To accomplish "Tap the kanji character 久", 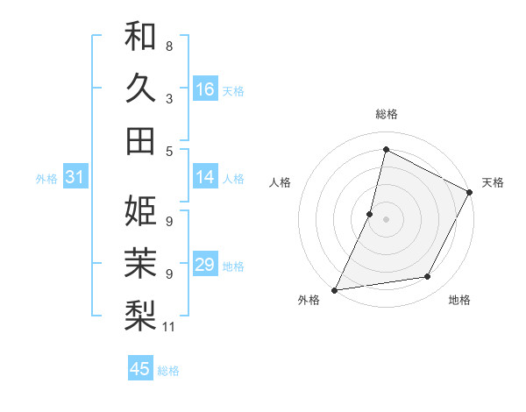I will (x=140, y=88).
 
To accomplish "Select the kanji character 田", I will (x=140, y=139).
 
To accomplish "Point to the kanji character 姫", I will (x=140, y=210).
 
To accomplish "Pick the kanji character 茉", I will (x=140, y=262).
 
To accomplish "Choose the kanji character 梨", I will (x=140, y=314).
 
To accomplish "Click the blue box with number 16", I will (x=205, y=89).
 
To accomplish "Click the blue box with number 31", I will (x=75, y=178).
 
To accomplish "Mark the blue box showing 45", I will (x=140, y=369).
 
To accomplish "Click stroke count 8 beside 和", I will (x=169, y=46).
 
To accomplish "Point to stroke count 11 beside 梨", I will (x=169, y=328).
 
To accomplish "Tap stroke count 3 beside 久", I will (x=169, y=98).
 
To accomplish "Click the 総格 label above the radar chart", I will (x=386, y=114).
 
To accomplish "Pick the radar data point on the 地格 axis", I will (x=428, y=277).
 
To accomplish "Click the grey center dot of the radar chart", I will (x=386, y=219).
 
